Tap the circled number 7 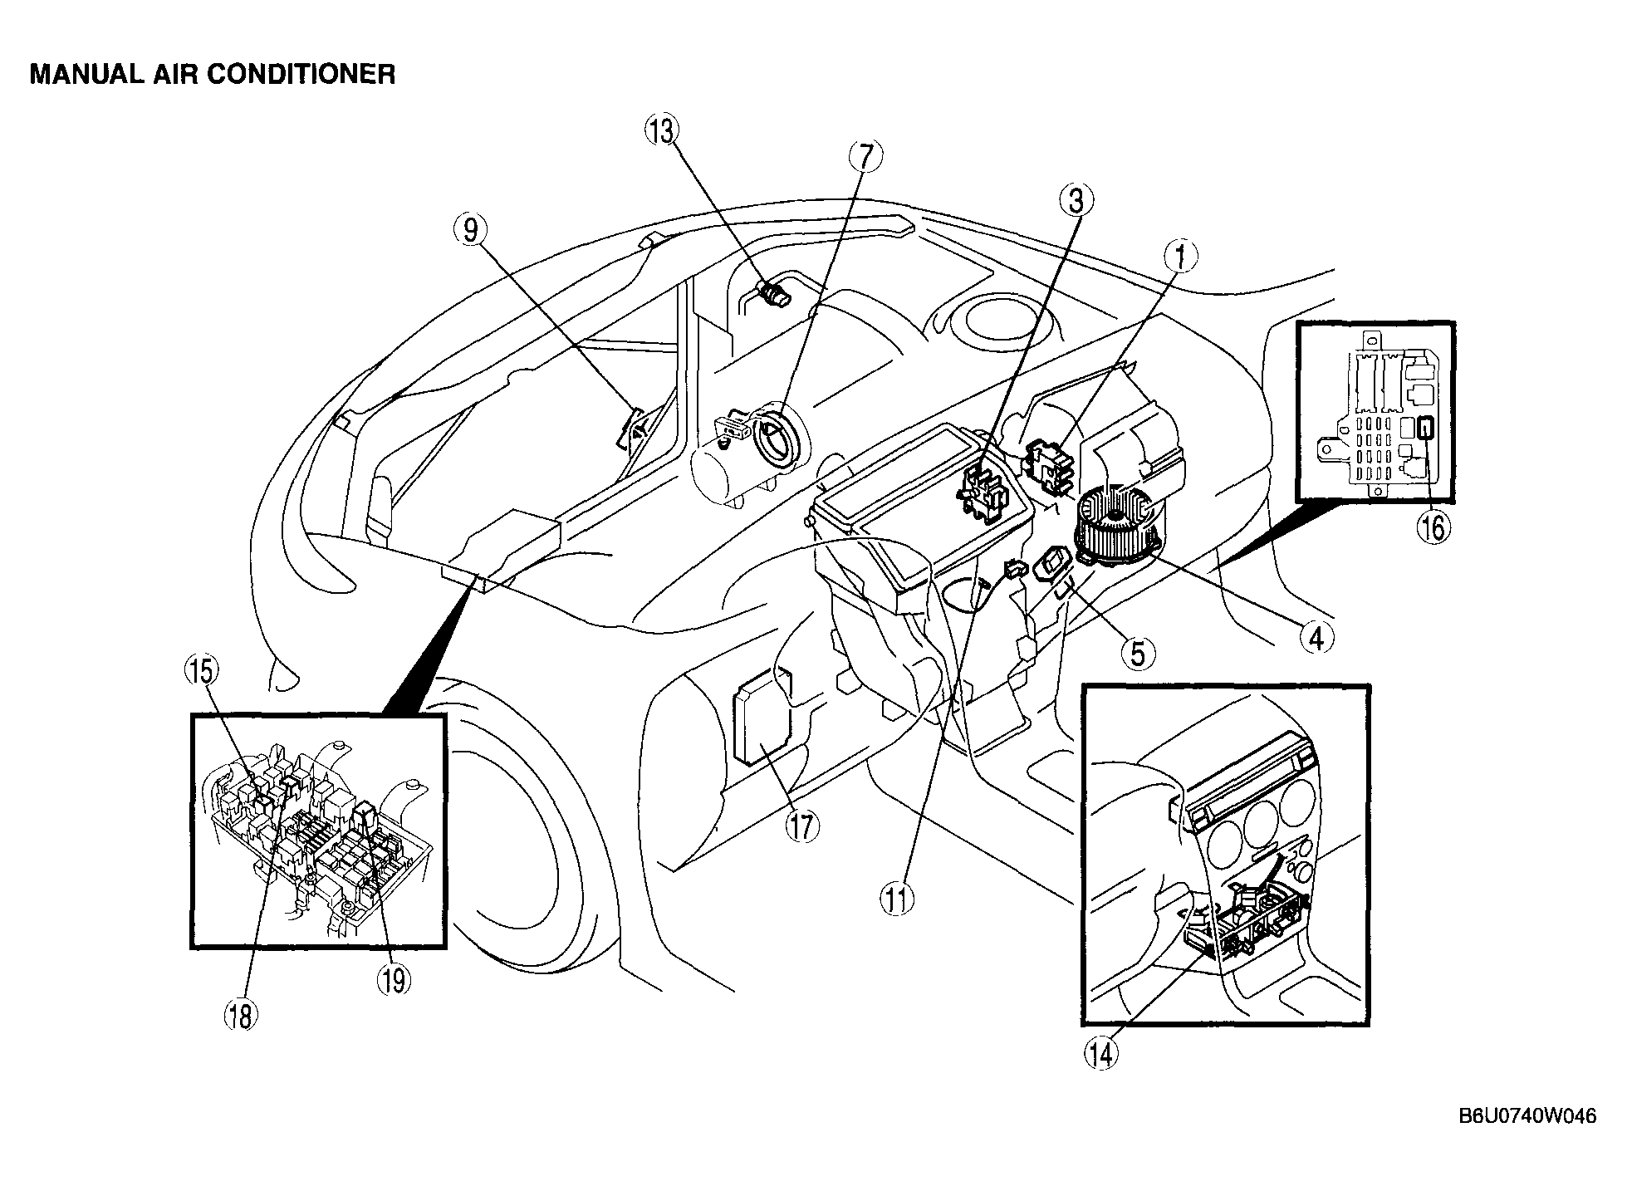pyautogui.click(x=865, y=155)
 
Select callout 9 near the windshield pyautogui.click(x=471, y=230)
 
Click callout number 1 pyautogui.click(x=1180, y=257)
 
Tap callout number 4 pyautogui.click(x=1316, y=638)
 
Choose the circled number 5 pyautogui.click(x=1138, y=653)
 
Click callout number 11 pyautogui.click(x=898, y=899)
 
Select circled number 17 pyautogui.click(x=801, y=826)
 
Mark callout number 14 pyautogui.click(x=1100, y=1053)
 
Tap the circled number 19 pyautogui.click(x=394, y=979)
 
